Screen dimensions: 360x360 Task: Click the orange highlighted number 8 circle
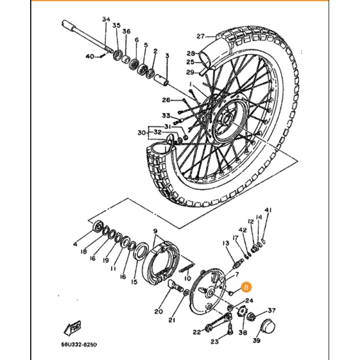[246, 287]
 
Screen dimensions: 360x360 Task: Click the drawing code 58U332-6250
[79, 345]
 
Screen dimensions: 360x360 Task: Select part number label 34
[106, 19]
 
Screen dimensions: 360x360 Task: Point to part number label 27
[200, 37]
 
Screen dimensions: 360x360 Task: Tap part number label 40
[90, 56]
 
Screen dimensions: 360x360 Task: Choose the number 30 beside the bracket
[141, 132]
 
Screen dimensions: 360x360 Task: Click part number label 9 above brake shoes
[155, 230]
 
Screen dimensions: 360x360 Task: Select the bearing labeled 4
[98, 226]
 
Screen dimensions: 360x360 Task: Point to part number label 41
[268, 210]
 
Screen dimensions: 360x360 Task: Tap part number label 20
[159, 312]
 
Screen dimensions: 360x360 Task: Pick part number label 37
[271, 311]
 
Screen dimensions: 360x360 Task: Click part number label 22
[197, 332]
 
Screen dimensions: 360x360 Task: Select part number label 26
[166, 100]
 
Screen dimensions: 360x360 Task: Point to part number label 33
[166, 116]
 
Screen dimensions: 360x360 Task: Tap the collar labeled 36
[126, 60]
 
